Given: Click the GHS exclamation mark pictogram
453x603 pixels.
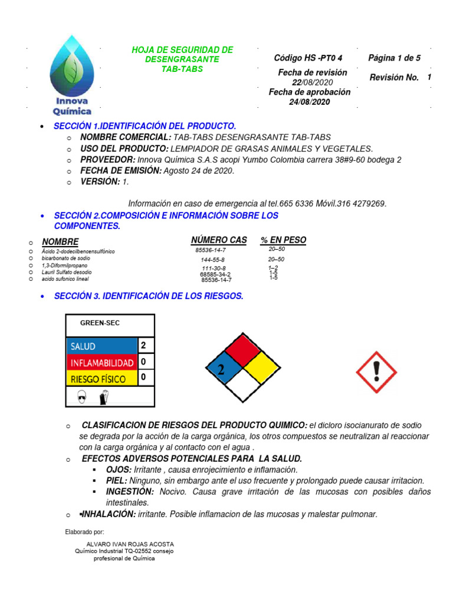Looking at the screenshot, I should point(376,373).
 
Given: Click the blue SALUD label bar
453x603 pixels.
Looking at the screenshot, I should point(101,346).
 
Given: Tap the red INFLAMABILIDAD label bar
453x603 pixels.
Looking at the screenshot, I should point(101,362).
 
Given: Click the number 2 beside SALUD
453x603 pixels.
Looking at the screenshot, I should point(143,345).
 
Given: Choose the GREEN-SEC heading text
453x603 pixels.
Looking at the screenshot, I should point(100,323).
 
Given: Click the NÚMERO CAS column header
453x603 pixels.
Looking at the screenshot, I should point(219,240).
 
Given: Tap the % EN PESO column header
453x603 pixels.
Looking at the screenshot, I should point(283,240).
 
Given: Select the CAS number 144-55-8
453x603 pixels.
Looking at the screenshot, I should point(212,260).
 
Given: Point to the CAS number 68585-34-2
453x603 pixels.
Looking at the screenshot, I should point(215,274).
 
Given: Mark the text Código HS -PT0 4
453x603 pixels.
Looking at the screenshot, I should point(308,58).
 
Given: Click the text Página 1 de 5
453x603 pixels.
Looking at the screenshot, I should point(394,58).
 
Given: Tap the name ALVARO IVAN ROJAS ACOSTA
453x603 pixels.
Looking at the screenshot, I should point(130,544).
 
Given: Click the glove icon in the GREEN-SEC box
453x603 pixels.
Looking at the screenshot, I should point(104,398).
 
